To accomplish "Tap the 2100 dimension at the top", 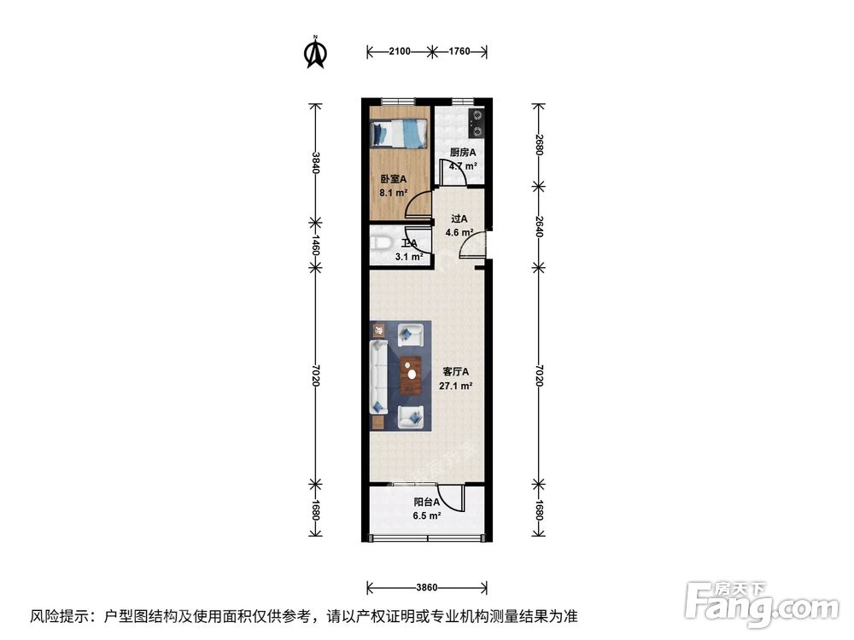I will (x=397, y=51).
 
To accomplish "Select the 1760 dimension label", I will (x=459, y=51).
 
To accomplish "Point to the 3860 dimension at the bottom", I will (x=427, y=588).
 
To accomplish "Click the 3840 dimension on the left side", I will (x=316, y=162).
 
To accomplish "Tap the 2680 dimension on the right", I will (x=538, y=145).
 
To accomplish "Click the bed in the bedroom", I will (x=399, y=134).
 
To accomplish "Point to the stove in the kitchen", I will (x=477, y=123).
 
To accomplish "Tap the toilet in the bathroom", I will (x=381, y=245).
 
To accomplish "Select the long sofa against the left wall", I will (x=378, y=375).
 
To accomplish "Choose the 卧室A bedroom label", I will (x=393, y=179).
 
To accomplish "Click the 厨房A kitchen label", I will (x=463, y=153).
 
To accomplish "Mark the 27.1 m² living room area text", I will (x=458, y=385).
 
